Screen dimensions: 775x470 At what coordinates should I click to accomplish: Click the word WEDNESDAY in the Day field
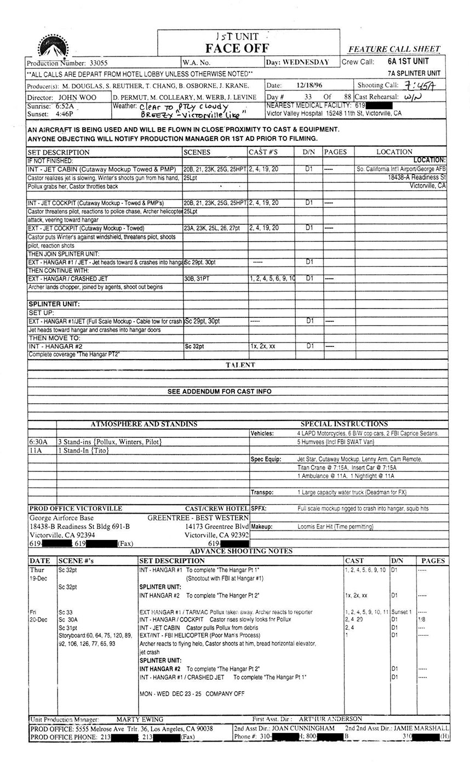point(306,62)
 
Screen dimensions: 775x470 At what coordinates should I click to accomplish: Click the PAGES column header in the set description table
point(335,152)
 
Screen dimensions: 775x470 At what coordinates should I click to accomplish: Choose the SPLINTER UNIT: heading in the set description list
point(54,304)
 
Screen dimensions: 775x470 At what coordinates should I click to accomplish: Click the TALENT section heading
point(240,364)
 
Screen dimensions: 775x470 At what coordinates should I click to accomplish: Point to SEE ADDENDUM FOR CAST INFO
point(219,391)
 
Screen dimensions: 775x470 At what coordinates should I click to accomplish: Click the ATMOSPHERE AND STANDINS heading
point(144,424)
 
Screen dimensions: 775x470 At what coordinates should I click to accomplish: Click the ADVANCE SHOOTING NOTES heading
point(241,551)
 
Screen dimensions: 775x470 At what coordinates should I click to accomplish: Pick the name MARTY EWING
point(140,719)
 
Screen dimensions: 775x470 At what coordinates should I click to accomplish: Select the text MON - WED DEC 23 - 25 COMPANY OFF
point(192,694)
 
